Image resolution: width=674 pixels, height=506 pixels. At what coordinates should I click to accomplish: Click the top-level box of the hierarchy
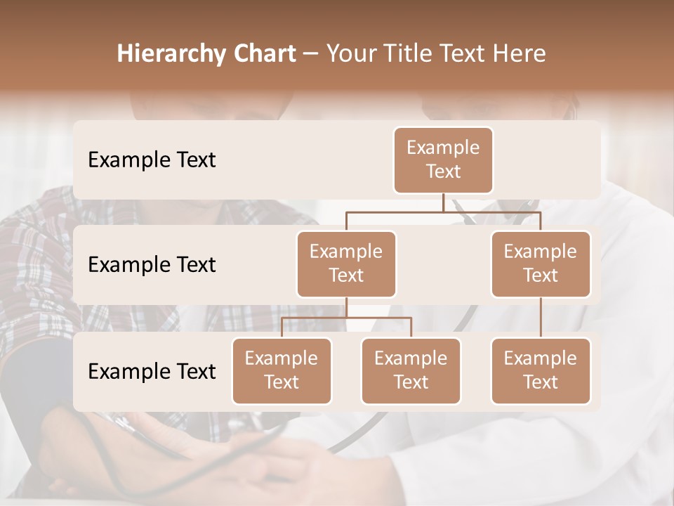click(443, 160)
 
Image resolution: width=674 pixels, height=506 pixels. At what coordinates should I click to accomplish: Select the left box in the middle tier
click(346, 264)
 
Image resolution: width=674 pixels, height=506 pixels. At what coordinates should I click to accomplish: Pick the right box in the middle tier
click(541, 264)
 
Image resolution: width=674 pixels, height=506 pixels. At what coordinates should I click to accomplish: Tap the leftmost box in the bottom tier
click(282, 370)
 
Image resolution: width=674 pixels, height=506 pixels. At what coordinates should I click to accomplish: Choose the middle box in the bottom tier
click(411, 370)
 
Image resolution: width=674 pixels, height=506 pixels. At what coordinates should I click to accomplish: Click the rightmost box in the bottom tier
click(541, 370)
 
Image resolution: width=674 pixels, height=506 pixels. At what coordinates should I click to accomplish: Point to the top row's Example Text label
click(152, 160)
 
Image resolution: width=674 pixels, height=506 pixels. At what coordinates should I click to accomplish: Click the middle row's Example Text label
click(152, 265)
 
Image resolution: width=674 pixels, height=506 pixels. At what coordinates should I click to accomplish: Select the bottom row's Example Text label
click(152, 371)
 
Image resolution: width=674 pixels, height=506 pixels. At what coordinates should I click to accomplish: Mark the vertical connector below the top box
click(443, 202)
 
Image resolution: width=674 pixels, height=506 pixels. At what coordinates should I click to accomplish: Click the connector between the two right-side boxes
click(541, 318)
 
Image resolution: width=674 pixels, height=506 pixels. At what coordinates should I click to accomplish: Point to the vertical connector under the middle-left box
click(346, 307)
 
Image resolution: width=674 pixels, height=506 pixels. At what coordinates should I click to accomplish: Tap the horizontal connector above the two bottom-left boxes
click(346, 318)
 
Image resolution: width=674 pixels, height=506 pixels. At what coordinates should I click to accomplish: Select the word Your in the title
click(350, 54)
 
